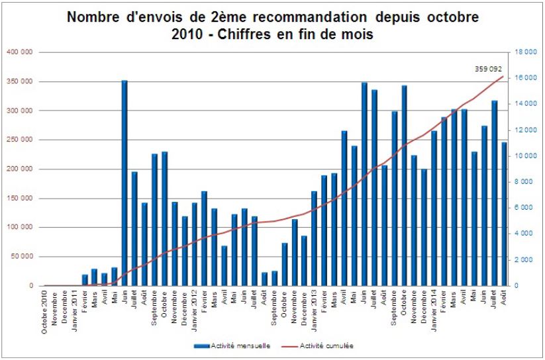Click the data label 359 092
pos(489,68)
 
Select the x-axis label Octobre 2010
pos(45,313)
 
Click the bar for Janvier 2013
pos(314,238)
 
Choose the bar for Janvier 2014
pos(434,208)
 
